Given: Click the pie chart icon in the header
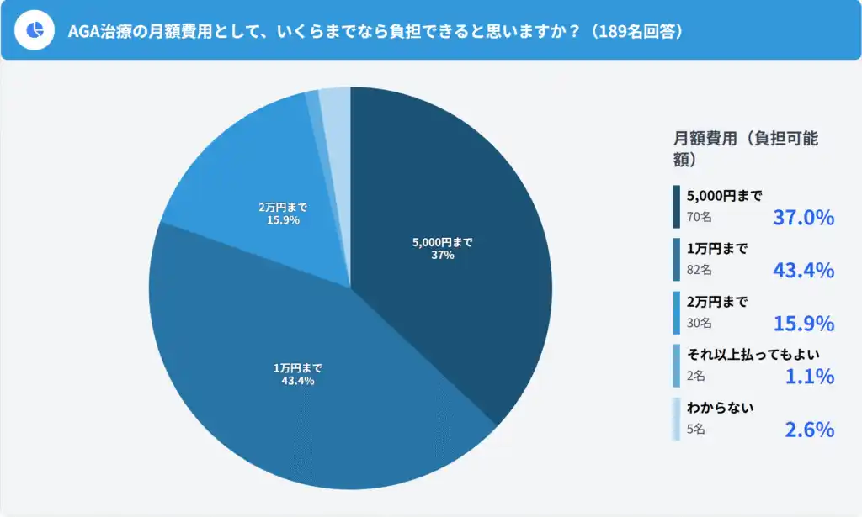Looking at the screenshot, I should point(35,30).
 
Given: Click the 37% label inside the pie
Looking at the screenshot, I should point(443,255).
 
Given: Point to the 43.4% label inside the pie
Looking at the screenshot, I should point(298,381).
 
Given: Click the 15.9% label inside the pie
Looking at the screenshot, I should point(283,219).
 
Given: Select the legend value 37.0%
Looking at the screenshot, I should point(803,218).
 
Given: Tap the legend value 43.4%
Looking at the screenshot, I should point(803,270).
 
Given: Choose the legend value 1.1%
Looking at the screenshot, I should point(809,376).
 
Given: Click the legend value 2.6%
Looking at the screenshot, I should point(809,429).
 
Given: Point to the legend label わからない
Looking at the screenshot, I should point(720,408).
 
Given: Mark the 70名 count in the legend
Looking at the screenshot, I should point(700,218).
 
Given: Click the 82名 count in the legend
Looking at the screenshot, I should point(700,270).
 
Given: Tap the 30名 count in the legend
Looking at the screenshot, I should point(700,323).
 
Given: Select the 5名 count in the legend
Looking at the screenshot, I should point(696,429).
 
